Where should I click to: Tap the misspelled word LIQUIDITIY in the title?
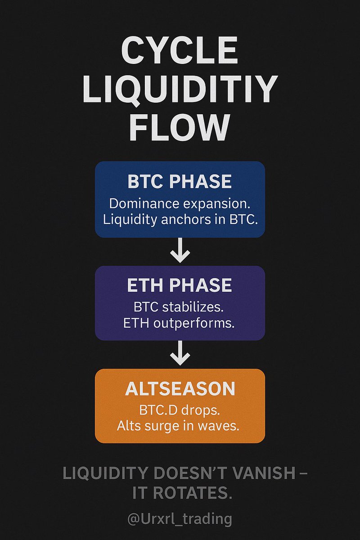[x=180, y=90]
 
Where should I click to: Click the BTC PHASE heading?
[x=180, y=181]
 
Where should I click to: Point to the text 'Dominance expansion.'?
[x=180, y=204]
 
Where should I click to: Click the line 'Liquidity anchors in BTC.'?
[x=180, y=220]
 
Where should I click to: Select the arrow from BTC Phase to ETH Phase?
[x=180, y=250]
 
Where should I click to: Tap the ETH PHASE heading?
[x=180, y=285]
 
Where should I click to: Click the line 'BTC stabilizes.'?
[x=179, y=307]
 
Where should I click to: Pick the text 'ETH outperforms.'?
[x=179, y=323]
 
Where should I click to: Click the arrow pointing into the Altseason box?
[x=180, y=353]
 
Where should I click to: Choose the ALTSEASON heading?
[x=180, y=389]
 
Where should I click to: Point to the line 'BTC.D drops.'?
[x=180, y=410]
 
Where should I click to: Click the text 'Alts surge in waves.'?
[x=178, y=426]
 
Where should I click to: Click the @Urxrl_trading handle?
[x=180, y=518]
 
